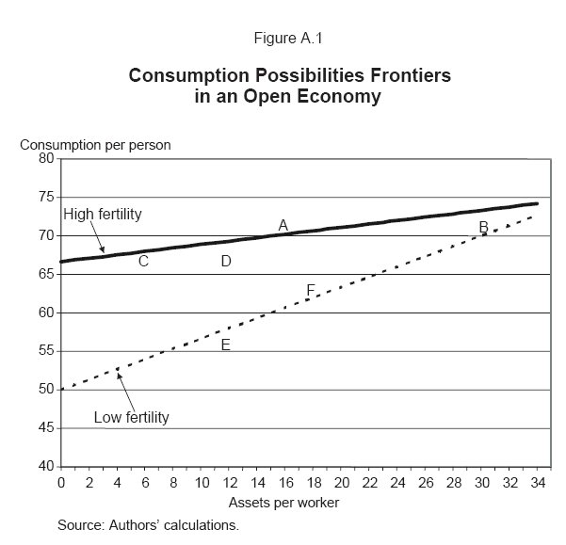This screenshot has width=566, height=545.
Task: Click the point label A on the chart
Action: pos(283,224)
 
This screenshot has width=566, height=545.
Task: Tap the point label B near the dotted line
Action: pos(484,227)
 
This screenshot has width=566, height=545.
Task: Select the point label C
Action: pos(144,261)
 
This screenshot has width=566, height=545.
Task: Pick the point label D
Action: pos(226,261)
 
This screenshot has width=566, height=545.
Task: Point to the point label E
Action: pos(226,345)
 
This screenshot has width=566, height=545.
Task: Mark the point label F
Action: pos(311,290)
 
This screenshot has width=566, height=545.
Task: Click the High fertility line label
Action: pos(103,215)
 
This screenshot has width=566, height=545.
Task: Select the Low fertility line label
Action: pos(132,417)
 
